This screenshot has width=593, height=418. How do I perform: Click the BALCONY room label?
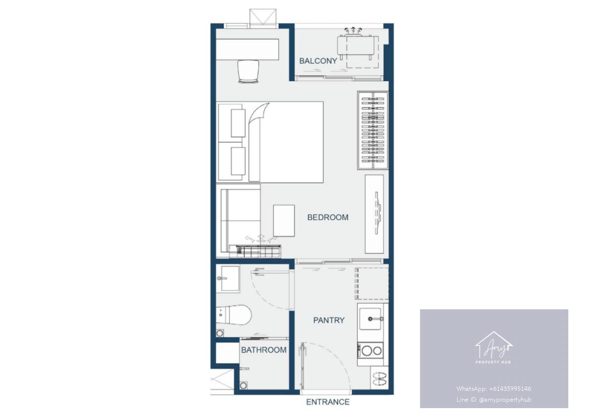[318, 61]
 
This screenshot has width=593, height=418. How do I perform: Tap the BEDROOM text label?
[328, 217]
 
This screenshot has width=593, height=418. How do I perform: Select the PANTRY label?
[329, 320]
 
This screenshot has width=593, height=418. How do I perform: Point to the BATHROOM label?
[264, 350]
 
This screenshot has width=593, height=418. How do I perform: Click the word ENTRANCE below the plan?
[328, 402]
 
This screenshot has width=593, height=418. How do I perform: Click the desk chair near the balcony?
[248, 72]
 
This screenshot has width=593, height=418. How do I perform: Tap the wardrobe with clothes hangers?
[373, 130]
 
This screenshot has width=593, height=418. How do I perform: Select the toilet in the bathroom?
[233, 315]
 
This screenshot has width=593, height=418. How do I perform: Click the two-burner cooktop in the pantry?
[370, 351]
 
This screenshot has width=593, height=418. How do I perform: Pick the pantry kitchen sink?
[371, 319]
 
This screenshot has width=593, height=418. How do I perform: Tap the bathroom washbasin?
[228, 279]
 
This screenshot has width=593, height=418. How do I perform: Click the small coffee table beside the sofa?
[284, 220]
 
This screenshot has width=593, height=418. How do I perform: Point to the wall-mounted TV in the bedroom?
[378, 213]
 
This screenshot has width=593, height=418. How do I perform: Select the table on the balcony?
[356, 46]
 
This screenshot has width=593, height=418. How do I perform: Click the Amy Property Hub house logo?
[494, 347]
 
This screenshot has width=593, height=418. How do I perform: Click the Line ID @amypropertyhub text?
[494, 399]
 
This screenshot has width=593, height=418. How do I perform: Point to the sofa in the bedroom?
[240, 221]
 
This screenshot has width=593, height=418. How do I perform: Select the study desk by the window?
[248, 49]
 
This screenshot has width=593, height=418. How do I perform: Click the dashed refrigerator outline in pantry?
[372, 284]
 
